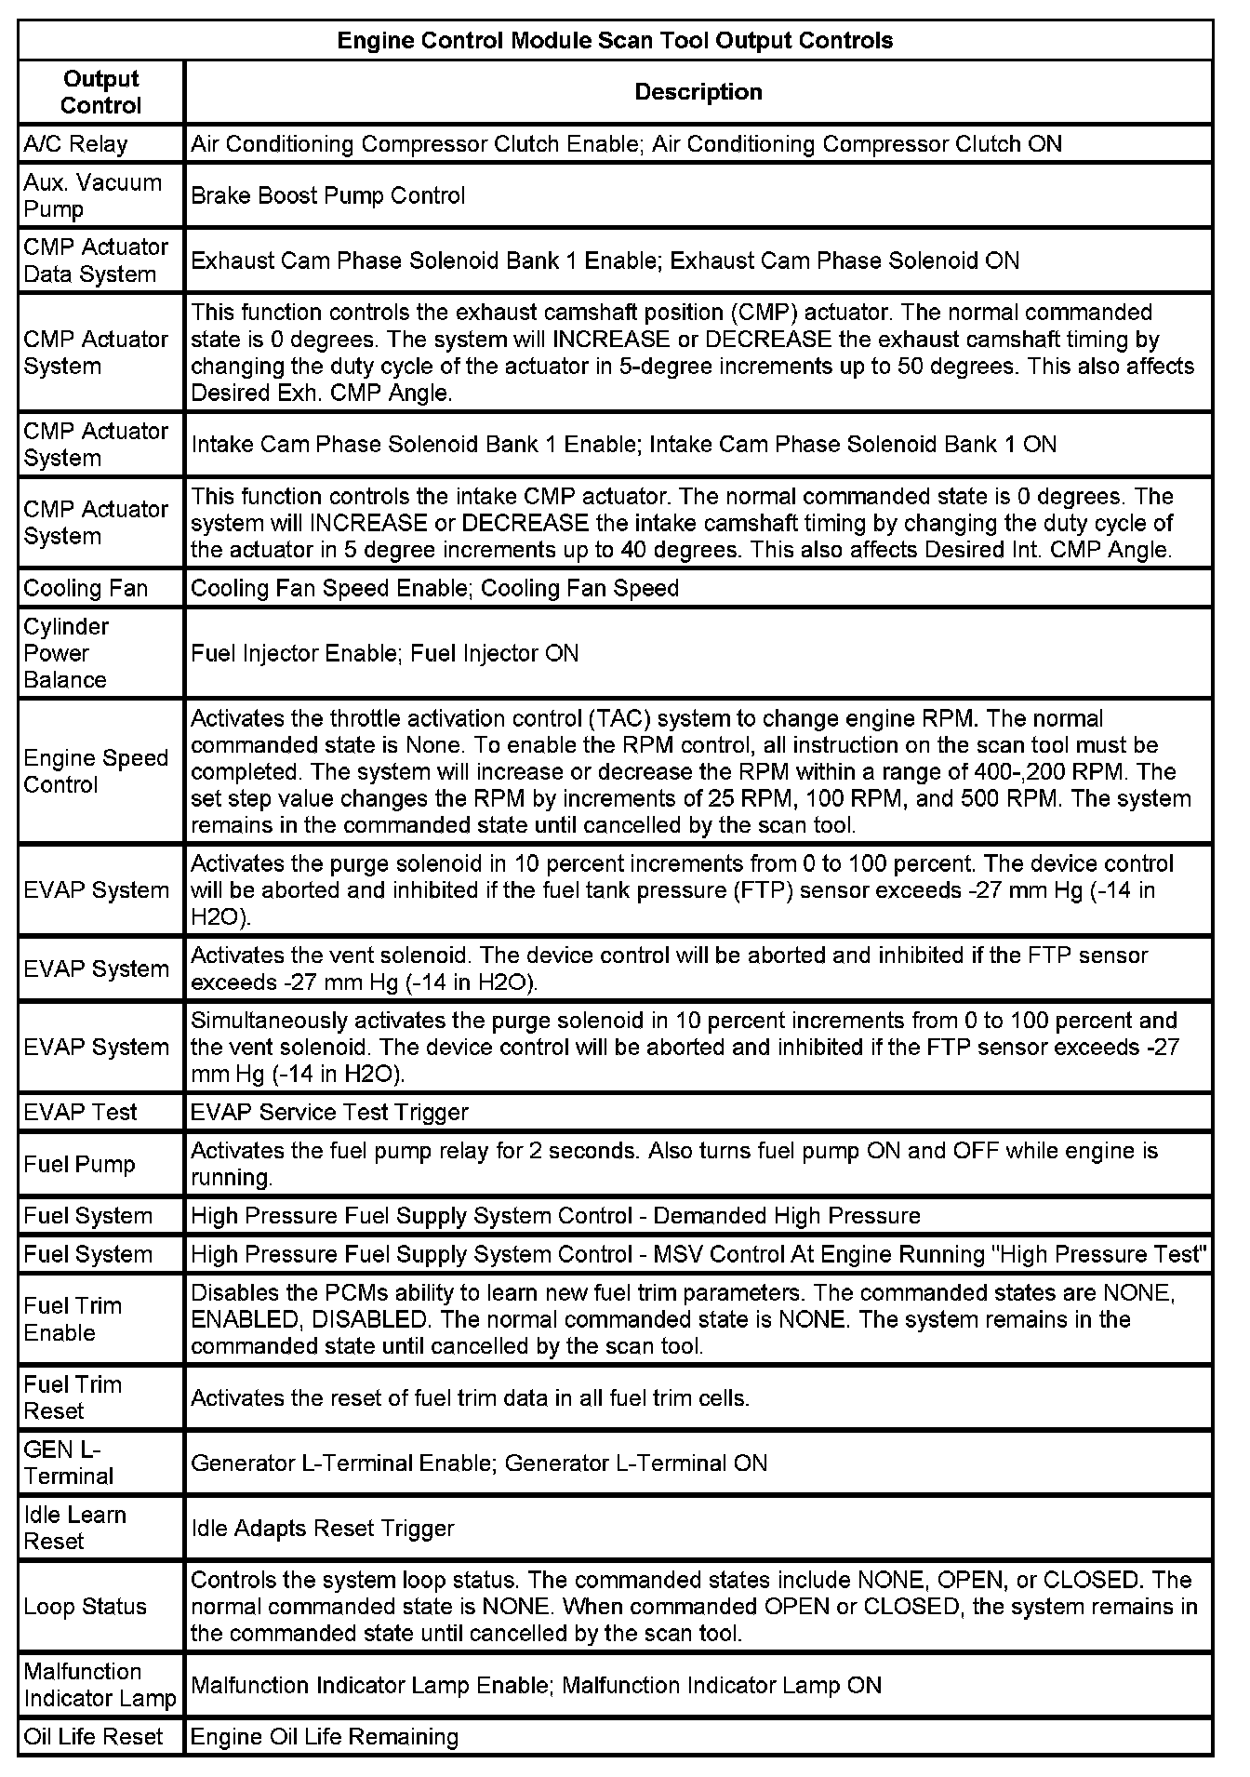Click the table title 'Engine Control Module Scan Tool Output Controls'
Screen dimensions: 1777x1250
(x=615, y=41)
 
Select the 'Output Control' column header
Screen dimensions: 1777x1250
(x=101, y=92)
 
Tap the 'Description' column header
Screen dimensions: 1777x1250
(x=698, y=92)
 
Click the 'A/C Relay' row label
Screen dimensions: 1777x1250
(x=75, y=144)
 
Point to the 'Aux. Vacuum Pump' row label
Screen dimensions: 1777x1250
(x=92, y=195)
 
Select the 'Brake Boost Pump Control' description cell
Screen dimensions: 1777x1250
(x=328, y=195)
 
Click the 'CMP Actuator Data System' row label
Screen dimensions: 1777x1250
(x=96, y=261)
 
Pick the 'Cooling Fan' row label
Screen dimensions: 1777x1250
(x=86, y=588)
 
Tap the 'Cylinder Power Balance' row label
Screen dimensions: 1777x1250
(x=66, y=653)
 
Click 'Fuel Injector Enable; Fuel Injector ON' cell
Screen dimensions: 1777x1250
(x=384, y=653)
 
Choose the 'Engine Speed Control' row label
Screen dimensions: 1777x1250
(x=96, y=771)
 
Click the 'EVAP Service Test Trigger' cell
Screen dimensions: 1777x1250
(x=329, y=1112)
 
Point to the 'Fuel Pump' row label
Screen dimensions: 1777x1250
(x=79, y=1164)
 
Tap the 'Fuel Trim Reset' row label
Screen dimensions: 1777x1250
(x=73, y=1397)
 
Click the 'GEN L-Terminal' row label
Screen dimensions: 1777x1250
(x=69, y=1463)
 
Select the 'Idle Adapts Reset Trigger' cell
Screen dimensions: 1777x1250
(x=322, y=1528)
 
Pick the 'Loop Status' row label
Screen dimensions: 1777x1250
(x=86, y=1606)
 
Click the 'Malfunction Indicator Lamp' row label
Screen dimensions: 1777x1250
(x=100, y=1685)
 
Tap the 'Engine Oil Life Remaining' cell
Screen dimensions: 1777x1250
(x=325, y=1736)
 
